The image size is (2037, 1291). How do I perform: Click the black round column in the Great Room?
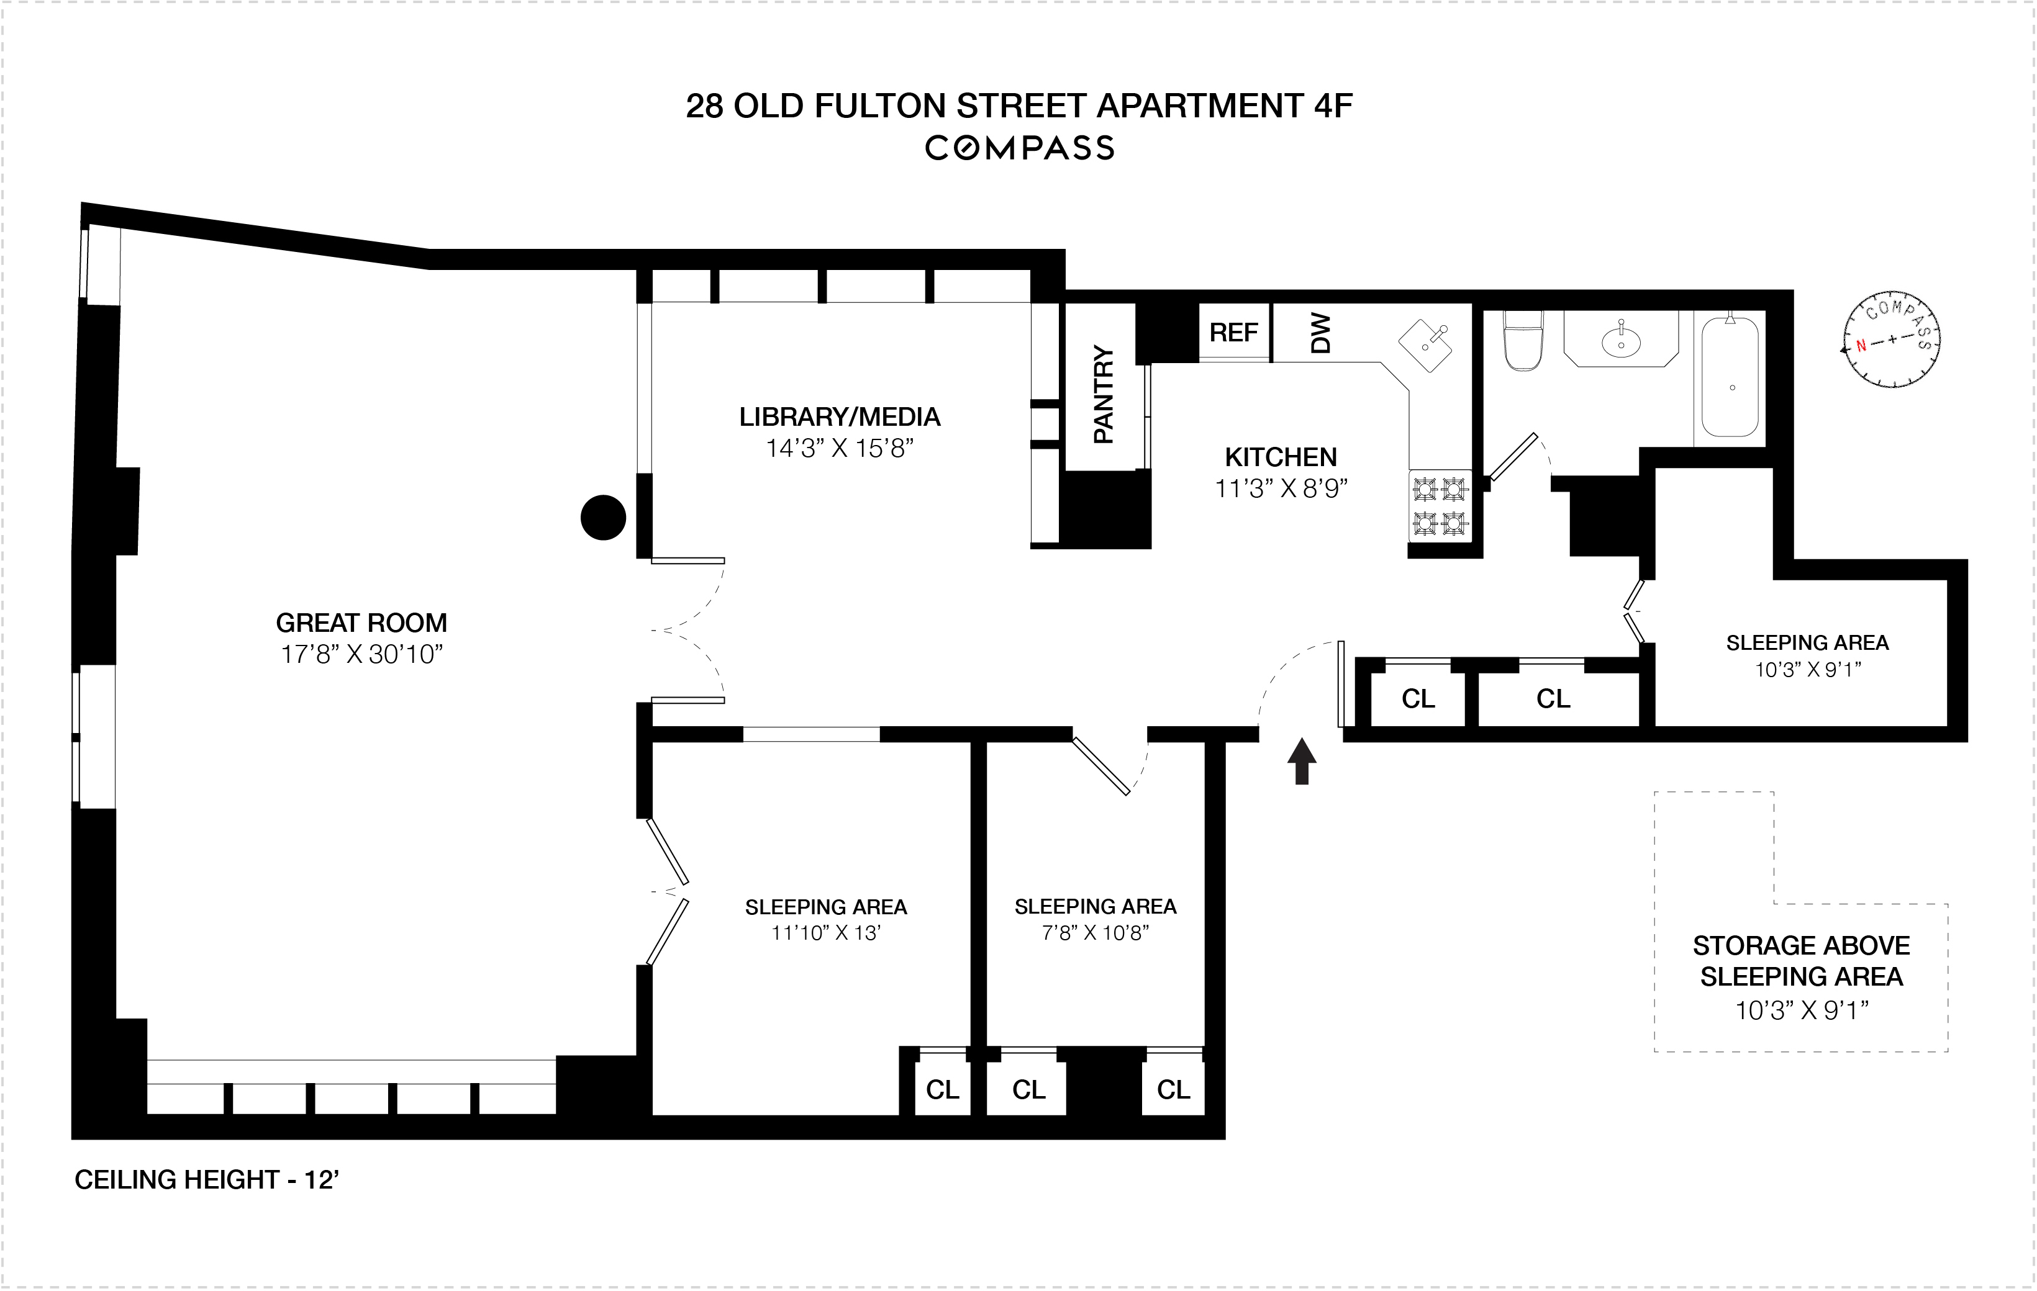pyautogui.click(x=603, y=518)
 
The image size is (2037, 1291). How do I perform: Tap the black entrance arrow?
pyautogui.click(x=1302, y=761)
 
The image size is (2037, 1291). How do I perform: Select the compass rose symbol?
pyautogui.click(x=1892, y=341)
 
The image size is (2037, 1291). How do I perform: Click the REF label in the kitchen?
pyautogui.click(x=1233, y=333)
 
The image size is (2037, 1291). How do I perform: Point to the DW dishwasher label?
pyautogui.click(x=1320, y=333)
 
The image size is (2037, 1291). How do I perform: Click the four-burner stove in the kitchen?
pyautogui.click(x=1440, y=506)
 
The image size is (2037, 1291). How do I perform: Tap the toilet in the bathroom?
pyautogui.click(x=1523, y=340)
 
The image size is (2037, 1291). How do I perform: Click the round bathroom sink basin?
pyautogui.click(x=1621, y=341)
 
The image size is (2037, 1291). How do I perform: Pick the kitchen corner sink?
pyautogui.click(x=1425, y=346)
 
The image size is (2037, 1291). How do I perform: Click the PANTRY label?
pyautogui.click(x=1103, y=394)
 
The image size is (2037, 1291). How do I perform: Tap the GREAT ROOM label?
pyautogui.click(x=361, y=623)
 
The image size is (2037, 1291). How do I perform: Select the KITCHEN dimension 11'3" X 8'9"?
pyautogui.click(x=1281, y=488)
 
